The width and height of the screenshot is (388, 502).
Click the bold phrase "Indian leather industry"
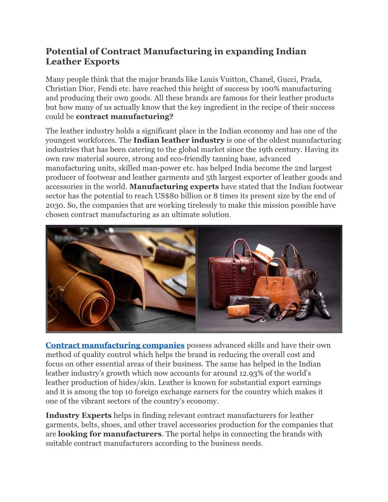179,140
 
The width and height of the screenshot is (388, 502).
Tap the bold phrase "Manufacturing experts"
174,186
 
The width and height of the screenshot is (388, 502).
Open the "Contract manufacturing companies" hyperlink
115,345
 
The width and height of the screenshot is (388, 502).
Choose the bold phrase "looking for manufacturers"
110,434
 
